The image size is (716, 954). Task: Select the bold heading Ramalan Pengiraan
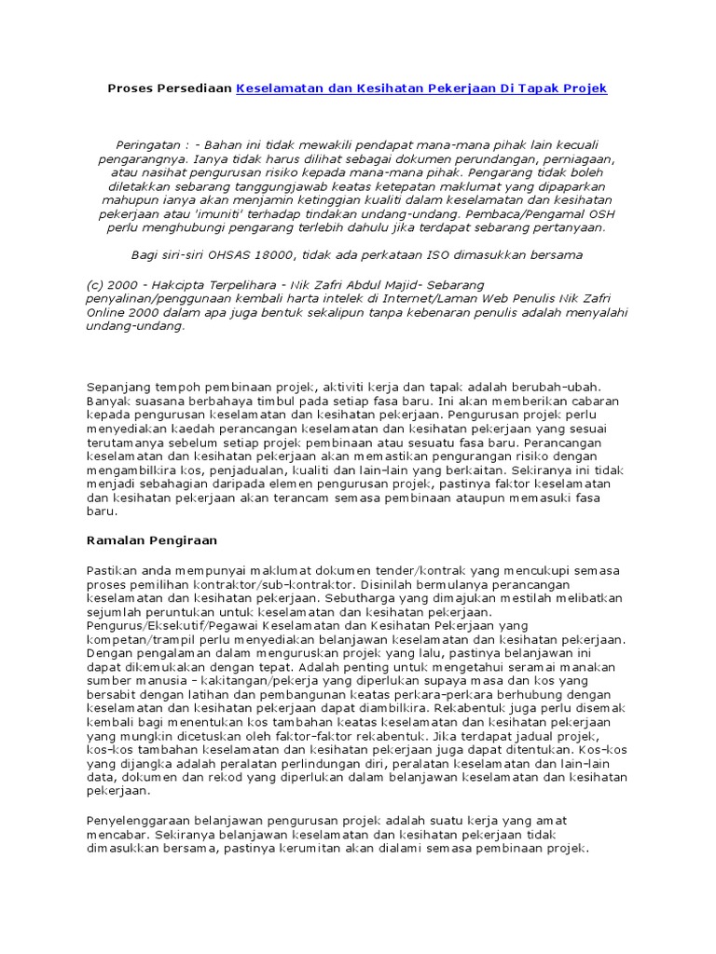[x=145, y=540]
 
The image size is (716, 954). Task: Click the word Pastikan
[x=112, y=569]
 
